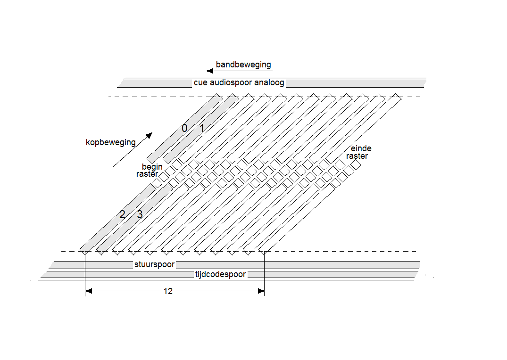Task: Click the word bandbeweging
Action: tap(243, 65)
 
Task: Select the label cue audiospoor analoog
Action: tap(239, 83)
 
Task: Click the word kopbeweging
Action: tap(110, 142)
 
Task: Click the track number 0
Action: tap(184, 128)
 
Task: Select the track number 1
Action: tap(201, 128)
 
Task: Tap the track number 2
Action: tap(122, 215)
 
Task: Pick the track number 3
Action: tap(140, 215)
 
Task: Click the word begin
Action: tap(152, 167)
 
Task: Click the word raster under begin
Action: tap(147, 174)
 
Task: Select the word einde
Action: tap(361, 148)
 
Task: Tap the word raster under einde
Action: tap(357, 156)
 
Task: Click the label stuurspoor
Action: tap(154, 265)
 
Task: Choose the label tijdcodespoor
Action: tap(220, 274)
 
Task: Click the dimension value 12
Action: tap(168, 291)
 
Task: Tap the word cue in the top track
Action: tap(200, 83)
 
